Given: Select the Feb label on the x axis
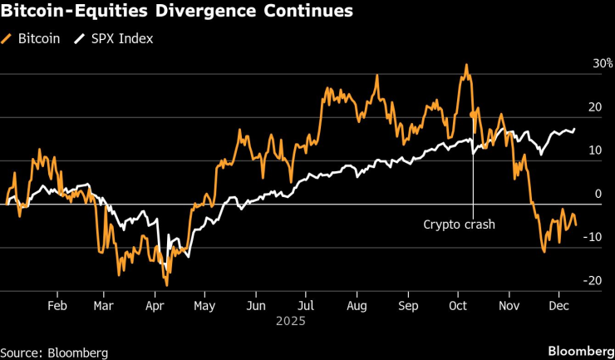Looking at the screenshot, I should pos(57,305).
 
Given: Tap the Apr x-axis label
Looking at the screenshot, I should pos(155,305).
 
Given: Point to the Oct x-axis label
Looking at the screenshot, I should pos(457,305).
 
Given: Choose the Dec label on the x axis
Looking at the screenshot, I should pos(558,305).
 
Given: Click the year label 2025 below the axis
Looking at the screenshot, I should pos(291,321).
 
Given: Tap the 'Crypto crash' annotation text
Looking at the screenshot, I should pos(460,224).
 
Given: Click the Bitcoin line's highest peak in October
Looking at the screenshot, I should pos(467,65).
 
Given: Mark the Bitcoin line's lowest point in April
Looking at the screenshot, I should pos(167,285).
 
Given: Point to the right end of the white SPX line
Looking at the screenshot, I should pos(574,129).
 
